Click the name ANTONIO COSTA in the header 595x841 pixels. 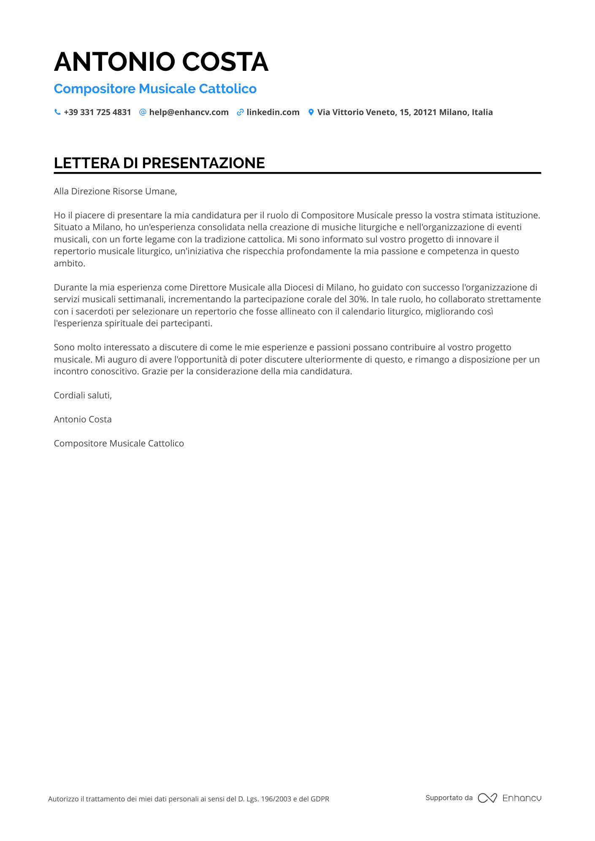coord(161,62)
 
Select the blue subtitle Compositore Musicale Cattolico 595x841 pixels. coord(155,89)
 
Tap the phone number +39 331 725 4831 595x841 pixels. coord(97,112)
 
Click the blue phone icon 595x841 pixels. coord(57,112)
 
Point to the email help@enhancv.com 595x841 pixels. coord(189,112)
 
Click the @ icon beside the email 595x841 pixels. coord(143,112)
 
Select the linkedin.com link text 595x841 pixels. coord(273,112)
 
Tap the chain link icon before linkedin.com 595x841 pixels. coord(240,112)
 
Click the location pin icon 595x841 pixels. coord(311,112)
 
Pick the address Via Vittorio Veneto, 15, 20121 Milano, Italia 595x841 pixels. coord(405,112)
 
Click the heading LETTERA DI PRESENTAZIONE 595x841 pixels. coord(159,163)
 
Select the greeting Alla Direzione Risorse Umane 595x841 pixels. coord(115,191)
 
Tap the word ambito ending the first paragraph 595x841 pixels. coord(69,263)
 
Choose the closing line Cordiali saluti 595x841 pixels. coord(83,395)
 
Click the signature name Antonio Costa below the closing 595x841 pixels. coord(83,419)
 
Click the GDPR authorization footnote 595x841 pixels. coord(188,799)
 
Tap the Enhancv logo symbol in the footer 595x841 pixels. coord(487,798)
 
